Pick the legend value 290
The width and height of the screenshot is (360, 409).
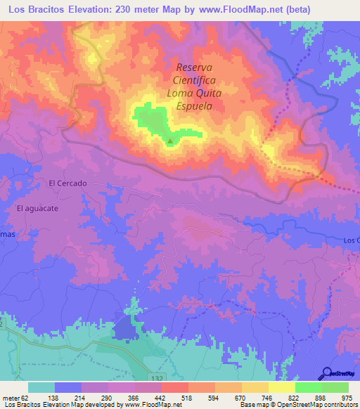[108, 397]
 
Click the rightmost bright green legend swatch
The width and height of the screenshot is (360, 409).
[335, 387]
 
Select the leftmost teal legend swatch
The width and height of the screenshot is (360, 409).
[41, 387]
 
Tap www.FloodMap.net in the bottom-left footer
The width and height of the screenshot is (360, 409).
[149, 405]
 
